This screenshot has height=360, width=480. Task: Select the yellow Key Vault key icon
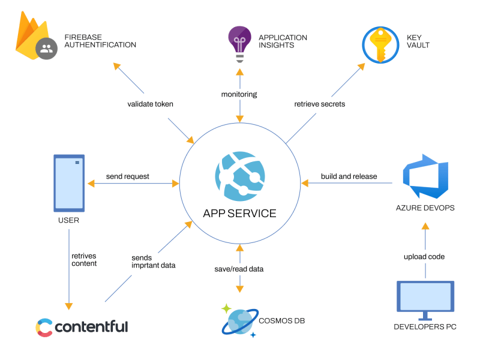pos(380,45)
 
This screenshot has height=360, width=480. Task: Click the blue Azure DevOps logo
pos(425,176)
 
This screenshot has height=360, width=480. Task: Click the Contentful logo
pos(82,327)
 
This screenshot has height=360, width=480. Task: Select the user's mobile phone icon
pos(69,183)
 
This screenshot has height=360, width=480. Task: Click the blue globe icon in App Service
pos(240,176)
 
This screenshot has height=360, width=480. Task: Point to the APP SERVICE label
pos(239,214)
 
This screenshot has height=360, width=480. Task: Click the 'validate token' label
pos(151,104)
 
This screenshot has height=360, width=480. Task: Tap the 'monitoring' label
pos(239,94)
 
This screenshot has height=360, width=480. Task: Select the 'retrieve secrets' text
pos(320,104)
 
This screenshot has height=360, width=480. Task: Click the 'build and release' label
pos(349,176)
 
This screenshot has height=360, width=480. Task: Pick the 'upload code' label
pos(424,257)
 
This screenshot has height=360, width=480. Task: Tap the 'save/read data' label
pos(239,269)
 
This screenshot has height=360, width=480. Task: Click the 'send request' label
pos(128,176)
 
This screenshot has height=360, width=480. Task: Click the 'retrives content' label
pos(84,260)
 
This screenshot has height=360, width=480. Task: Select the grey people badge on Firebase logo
pos(47,49)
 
